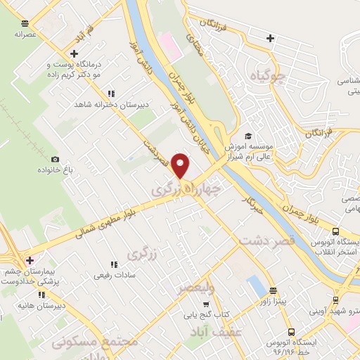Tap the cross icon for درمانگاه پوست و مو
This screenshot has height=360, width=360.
click(x=74, y=53)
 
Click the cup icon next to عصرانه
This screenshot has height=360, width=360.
click(x=25, y=23)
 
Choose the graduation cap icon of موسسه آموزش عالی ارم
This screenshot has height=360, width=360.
click(x=247, y=136)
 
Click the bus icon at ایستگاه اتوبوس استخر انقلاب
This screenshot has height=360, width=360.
click(x=335, y=232)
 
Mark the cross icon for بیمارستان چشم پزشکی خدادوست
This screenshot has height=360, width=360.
click(x=30, y=260)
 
